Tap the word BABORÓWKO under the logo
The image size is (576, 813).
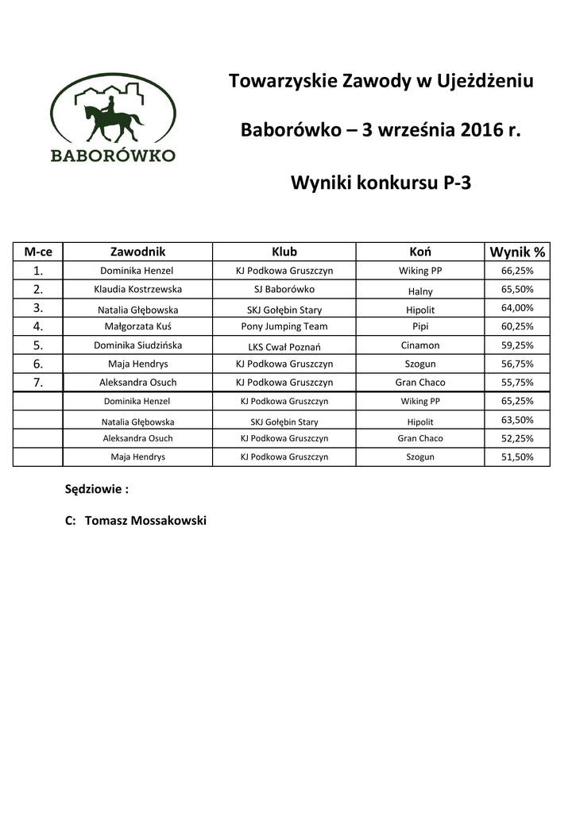[113, 155]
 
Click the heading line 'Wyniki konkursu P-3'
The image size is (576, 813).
[381, 183]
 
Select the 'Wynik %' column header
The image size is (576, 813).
[517, 252]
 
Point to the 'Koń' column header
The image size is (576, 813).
[419, 252]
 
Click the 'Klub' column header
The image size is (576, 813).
[284, 252]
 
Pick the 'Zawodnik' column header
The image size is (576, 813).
[137, 252]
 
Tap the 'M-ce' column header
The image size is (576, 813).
[38, 252]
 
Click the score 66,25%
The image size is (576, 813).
[517, 271]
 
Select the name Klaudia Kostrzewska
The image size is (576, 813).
[137, 290]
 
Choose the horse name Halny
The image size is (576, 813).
[419, 291]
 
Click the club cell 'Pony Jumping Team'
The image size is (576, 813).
[284, 326]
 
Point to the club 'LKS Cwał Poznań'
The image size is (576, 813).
[284, 346]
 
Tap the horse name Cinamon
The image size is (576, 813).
[419, 345]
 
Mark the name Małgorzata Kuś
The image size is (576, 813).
[137, 326]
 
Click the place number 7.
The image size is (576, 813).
[37, 383]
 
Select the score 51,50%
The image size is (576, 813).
[517, 457]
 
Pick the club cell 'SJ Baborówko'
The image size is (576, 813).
[284, 290]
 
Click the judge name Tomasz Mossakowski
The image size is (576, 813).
[145, 521]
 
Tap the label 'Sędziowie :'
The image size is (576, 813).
[96, 490]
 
